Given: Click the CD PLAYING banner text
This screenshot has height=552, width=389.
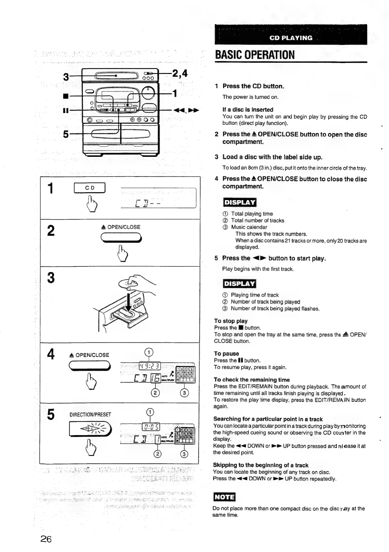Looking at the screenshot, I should (291, 38).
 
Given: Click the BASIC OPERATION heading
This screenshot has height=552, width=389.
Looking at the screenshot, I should (254, 54).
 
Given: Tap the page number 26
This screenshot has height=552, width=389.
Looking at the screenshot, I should (46, 539).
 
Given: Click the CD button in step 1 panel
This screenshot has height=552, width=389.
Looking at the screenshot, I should (90, 188).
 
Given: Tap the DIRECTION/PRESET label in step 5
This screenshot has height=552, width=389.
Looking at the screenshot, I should (90, 415).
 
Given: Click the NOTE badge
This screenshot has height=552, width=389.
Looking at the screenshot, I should (224, 497).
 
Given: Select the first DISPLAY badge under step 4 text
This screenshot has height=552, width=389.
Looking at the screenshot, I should (240, 202).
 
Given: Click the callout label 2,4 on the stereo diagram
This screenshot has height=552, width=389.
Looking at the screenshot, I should (180, 73).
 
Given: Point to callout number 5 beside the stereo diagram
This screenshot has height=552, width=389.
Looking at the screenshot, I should (66, 134).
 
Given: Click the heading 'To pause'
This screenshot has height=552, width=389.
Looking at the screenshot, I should (226, 354).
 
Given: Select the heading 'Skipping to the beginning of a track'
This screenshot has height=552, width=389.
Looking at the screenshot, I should (261, 465).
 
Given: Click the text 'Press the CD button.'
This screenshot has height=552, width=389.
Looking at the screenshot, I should (253, 86).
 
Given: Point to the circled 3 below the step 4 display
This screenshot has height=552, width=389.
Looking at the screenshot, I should (185, 393).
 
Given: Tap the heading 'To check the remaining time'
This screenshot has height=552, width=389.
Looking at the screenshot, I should (251, 380).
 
